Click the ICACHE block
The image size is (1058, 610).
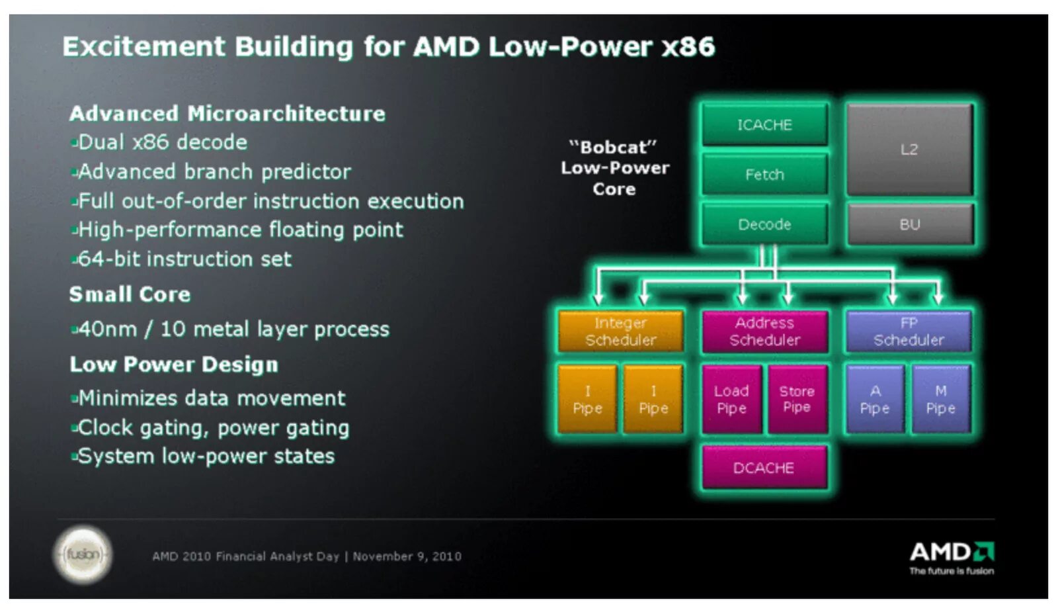[x=764, y=124]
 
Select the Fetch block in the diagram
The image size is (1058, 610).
[x=764, y=174]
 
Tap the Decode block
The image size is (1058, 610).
[x=764, y=224]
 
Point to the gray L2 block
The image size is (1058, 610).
[x=909, y=150]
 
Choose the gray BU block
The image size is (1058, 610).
[x=909, y=224]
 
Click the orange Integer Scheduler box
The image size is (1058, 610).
[x=620, y=331]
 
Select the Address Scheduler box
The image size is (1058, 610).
[x=764, y=331]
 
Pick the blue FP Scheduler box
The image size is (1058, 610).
[x=909, y=331]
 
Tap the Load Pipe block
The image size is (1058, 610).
[x=731, y=399]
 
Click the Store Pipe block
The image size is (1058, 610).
[x=797, y=399]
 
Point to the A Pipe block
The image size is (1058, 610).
[x=875, y=399]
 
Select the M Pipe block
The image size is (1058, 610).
[x=940, y=399]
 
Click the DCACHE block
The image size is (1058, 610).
[x=764, y=468]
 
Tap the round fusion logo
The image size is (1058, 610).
[x=83, y=554]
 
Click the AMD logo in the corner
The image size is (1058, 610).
[x=952, y=553]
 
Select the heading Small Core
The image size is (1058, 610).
[x=130, y=294]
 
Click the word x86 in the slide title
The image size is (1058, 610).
[x=688, y=47]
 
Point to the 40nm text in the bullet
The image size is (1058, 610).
[x=108, y=329]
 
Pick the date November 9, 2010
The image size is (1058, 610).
[x=407, y=556]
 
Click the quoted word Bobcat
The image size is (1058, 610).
[x=613, y=147]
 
